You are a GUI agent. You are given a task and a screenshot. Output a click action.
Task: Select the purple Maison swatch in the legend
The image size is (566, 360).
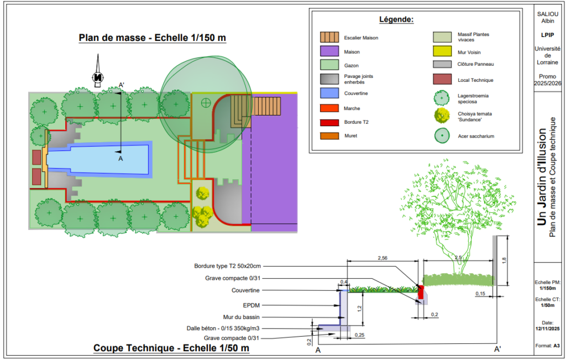329,51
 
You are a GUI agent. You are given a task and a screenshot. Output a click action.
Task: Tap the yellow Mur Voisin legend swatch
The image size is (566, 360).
442,51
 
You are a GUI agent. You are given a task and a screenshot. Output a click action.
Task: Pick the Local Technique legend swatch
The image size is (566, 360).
442,79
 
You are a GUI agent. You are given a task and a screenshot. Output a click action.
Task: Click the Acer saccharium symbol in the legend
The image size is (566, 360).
442,136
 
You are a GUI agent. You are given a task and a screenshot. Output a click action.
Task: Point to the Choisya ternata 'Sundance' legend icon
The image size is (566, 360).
442,116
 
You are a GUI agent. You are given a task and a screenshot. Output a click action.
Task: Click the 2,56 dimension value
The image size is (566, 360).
382,258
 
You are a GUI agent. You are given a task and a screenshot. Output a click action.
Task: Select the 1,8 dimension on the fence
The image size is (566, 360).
504,260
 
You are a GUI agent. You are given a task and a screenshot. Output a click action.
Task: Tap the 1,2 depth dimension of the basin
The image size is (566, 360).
359,309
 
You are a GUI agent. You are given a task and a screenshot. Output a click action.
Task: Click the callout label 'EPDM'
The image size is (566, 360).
251,305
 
